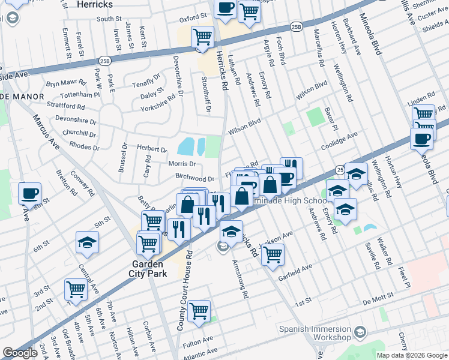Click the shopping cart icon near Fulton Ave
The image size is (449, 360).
[199, 311]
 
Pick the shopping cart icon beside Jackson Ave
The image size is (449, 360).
[273, 254]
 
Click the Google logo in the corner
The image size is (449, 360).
[20, 353]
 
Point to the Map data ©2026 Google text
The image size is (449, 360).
[412, 355]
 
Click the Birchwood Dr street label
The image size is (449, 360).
[194, 179]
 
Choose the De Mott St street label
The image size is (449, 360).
[376, 296]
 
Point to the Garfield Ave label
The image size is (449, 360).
[295, 268]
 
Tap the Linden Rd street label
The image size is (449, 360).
[421, 97]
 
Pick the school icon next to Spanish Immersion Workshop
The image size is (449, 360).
[360, 332]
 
